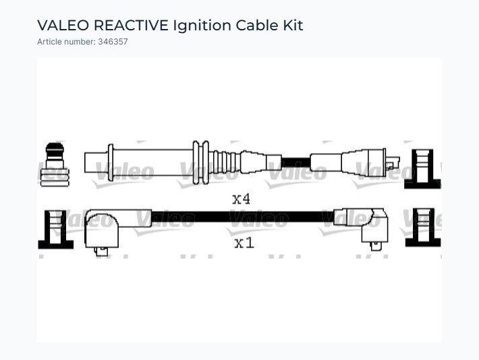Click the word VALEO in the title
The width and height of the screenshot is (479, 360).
click(x=63, y=25)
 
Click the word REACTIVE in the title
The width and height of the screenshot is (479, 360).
click(x=131, y=25)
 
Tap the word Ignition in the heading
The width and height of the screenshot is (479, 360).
click(x=202, y=26)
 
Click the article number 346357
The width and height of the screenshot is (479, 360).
click(x=113, y=42)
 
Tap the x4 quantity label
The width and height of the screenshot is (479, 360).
click(x=241, y=199)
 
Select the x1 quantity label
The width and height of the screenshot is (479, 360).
click(x=244, y=243)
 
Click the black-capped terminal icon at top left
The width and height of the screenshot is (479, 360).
click(x=55, y=164)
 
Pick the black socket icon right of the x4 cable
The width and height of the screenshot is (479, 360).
click(x=422, y=169)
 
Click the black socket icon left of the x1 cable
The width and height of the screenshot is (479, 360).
click(x=55, y=229)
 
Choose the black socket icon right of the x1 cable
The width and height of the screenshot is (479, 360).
click(x=423, y=227)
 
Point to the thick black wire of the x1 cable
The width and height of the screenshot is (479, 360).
click(x=243, y=216)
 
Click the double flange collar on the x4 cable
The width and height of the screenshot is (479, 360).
click(x=200, y=162)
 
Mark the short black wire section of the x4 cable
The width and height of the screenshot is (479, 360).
click(x=295, y=162)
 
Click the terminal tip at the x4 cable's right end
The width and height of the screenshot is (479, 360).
click(x=393, y=162)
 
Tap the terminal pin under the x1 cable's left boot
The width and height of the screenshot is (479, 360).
click(x=101, y=251)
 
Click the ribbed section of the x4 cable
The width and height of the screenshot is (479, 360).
click(x=227, y=162)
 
